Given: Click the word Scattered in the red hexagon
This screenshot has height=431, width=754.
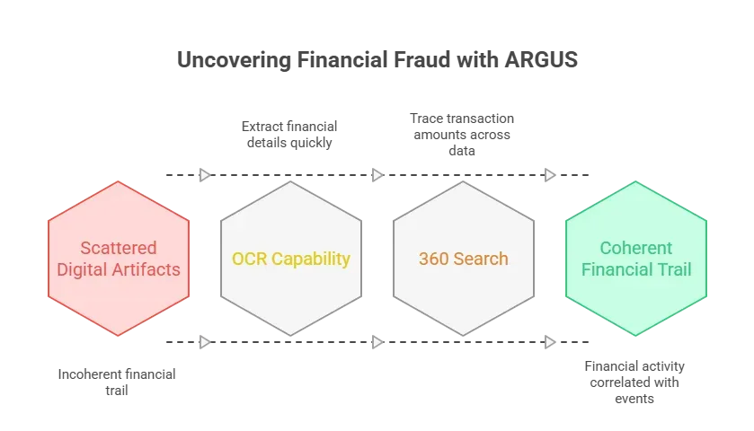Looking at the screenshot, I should tap(118, 248).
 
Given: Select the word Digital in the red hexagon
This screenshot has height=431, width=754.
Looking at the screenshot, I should tap(84, 268).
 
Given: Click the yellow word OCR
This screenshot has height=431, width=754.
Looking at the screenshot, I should tap(249, 259).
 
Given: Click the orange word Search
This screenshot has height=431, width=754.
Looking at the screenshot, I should tap(480, 259).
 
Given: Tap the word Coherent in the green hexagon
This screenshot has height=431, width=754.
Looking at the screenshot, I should tap(636, 248).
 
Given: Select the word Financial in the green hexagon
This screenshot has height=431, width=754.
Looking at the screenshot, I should tap(621, 268).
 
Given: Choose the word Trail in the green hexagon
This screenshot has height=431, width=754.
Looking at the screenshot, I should tap(677, 268).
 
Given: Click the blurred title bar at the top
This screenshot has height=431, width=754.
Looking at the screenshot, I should tap(377, 61).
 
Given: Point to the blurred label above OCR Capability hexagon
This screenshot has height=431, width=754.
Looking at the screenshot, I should tap(288, 132).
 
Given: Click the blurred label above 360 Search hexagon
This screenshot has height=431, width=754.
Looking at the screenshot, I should tap(462, 128).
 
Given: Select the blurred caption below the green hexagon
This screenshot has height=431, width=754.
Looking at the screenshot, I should tap(636, 381).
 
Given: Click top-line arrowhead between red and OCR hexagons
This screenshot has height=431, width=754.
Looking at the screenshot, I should tap(204, 175).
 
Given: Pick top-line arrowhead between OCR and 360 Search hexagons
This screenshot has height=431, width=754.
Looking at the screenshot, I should tap(376, 175).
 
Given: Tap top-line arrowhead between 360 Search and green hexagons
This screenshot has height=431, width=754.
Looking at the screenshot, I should tap(547, 175).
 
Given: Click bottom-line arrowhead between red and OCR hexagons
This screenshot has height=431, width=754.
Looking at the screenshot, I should tap(204, 341).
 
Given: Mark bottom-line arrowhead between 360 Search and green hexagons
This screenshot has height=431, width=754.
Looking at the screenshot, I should tap(547, 341).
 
